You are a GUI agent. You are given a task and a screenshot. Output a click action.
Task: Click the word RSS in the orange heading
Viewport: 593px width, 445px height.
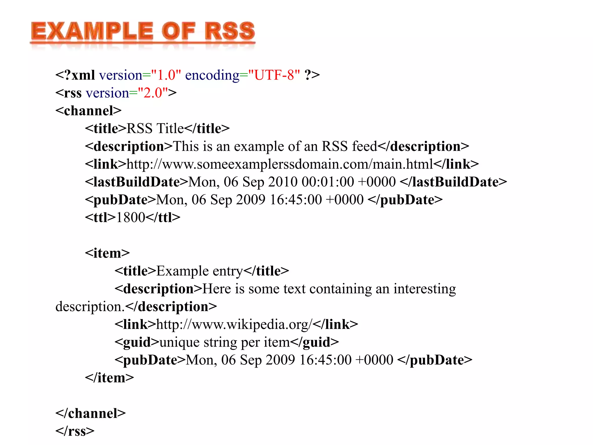[x=230, y=31]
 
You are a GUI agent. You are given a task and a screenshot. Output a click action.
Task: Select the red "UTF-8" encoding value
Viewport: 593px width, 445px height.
[x=274, y=75]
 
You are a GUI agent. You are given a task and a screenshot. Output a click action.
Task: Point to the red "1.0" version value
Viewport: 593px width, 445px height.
[x=166, y=75]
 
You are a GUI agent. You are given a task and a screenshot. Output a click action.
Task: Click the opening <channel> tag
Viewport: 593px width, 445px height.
[x=88, y=111]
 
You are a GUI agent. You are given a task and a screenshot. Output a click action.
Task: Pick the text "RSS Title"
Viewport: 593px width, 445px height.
[x=155, y=128]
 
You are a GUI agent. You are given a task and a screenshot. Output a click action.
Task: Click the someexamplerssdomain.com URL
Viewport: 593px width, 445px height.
[x=280, y=164]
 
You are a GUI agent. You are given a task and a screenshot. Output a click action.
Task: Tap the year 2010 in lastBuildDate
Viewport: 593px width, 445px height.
[x=283, y=182]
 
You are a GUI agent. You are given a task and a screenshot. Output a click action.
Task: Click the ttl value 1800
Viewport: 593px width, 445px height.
[x=130, y=218]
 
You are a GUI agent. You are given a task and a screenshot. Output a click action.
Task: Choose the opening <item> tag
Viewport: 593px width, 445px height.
[x=107, y=253]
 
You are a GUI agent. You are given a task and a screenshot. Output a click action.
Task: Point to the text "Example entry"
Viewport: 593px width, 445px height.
[x=200, y=271]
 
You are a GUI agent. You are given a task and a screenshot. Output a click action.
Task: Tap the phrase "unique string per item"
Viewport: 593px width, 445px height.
[x=225, y=342]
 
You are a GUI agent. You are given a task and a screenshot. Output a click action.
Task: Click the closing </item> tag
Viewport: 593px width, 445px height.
[x=109, y=378]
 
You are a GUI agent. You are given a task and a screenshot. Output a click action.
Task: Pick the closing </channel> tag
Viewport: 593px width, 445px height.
[x=91, y=413]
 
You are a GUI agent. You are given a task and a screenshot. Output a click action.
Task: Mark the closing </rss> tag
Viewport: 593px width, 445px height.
[x=75, y=431]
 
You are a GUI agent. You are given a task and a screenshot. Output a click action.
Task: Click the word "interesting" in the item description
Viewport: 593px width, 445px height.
[x=424, y=289]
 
